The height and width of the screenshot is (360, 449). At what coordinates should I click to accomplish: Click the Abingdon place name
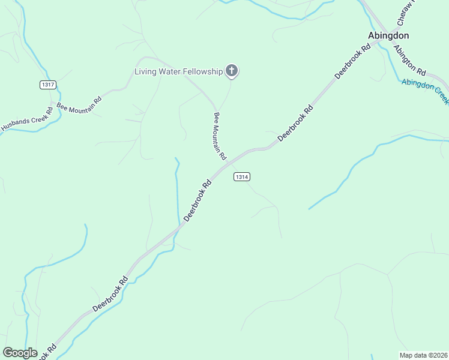click(388, 35)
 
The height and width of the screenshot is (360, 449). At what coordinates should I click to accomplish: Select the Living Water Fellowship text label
click(178, 72)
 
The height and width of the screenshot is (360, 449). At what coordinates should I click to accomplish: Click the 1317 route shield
click(48, 85)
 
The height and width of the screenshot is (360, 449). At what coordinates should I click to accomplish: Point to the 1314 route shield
click(241, 177)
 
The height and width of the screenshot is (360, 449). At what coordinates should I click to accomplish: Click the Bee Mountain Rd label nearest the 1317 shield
click(79, 103)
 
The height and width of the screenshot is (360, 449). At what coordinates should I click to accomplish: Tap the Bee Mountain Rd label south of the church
click(220, 136)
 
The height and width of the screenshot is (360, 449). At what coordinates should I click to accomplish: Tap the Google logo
click(20, 353)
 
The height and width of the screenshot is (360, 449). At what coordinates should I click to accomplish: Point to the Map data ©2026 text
click(423, 355)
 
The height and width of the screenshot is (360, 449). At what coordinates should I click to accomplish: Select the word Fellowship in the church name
click(201, 72)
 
